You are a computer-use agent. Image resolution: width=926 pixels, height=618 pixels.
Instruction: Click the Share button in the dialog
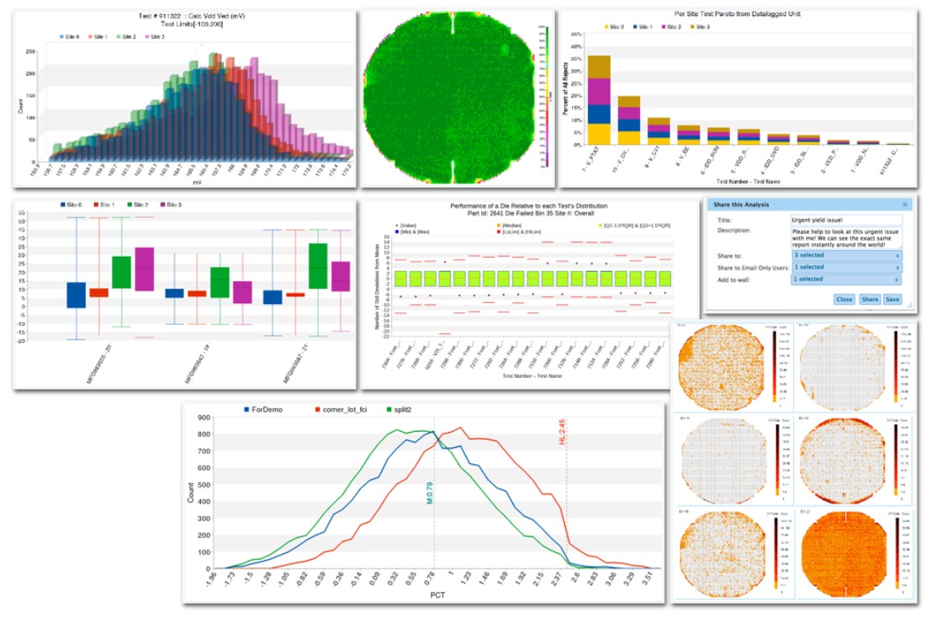(x=870, y=299)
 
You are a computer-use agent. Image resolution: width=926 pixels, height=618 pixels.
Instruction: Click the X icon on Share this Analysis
(x=904, y=204)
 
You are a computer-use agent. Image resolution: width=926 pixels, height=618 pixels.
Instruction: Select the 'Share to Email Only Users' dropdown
(x=845, y=267)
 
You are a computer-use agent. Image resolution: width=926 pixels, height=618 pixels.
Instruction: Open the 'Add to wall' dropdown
(x=845, y=279)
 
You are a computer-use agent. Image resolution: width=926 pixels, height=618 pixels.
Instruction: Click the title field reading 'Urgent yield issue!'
(x=845, y=219)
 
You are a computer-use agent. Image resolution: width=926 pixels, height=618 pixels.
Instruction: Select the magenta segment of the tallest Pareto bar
(x=598, y=91)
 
